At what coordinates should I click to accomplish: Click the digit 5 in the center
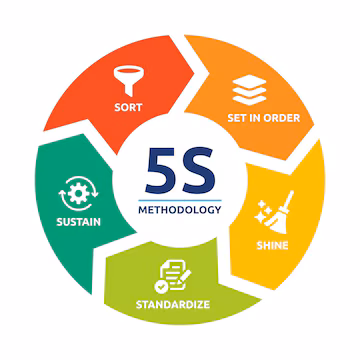click(x=160, y=167)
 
